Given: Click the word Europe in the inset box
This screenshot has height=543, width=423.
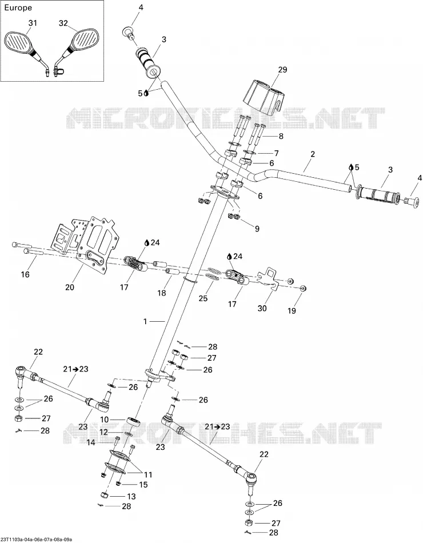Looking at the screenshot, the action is (x=18, y=7).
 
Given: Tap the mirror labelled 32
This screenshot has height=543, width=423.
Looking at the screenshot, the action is (x=78, y=47).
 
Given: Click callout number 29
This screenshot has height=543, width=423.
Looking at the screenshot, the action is (x=283, y=70).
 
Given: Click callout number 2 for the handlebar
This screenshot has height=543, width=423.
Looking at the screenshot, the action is (x=313, y=154).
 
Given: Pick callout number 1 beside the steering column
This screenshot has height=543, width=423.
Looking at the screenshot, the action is (x=146, y=322).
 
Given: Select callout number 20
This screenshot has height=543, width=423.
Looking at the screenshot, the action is (x=70, y=287).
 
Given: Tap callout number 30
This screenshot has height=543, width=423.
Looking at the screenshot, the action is (x=262, y=308).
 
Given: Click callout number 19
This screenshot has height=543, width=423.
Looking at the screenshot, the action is (x=292, y=310).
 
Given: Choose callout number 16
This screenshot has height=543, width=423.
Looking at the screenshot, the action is (x=25, y=274).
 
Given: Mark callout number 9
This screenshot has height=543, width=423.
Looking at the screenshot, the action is (x=257, y=229).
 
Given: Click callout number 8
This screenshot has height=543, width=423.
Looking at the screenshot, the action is (x=281, y=136).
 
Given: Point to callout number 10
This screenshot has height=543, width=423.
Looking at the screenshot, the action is (x=105, y=420).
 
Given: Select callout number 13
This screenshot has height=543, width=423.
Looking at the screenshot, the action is (x=131, y=496).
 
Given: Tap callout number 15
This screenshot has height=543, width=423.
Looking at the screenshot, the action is (x=143, y=485).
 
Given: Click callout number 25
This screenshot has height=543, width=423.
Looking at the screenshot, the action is (x=203, y=298).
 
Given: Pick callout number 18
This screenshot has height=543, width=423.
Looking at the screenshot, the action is (x=162, y=293).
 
